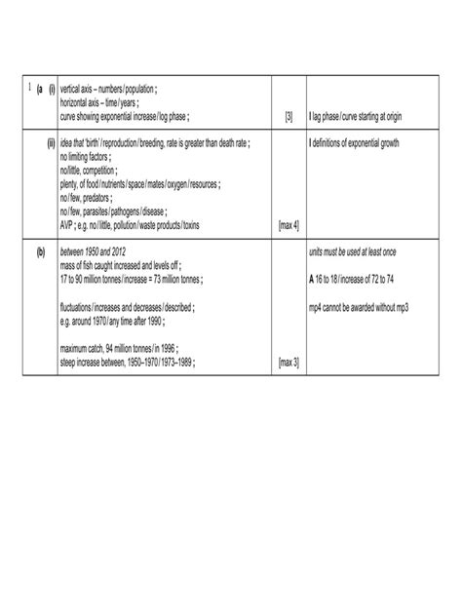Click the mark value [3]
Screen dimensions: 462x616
click(289, 118)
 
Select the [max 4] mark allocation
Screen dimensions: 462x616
click(289, 225)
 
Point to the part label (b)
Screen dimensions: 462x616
click(41, 252)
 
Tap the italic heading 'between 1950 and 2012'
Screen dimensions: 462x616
click(99, 252)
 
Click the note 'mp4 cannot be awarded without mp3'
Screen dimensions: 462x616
click(359, 306)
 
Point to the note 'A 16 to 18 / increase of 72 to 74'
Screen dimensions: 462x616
click(358, 280)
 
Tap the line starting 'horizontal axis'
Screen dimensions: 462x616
click(101, 104)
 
